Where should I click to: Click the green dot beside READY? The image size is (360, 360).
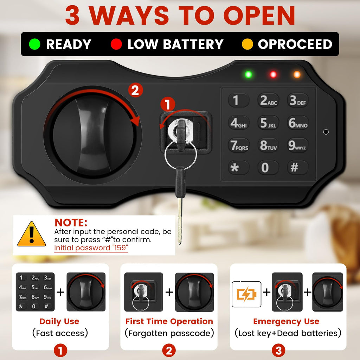(x=35, y=44)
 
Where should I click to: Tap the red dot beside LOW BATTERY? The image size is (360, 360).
(x=116, y=44)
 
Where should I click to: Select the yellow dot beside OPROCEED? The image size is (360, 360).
(x=247, y=44)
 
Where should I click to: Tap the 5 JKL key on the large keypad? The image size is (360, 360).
(x=268, y=123)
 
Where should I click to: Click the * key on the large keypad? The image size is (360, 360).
(x=239, y=168)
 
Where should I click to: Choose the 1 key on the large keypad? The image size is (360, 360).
(x=239, y=100)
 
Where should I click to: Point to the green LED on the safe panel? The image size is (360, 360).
(x=249, y=75)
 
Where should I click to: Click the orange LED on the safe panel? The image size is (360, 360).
(x=297, y=75)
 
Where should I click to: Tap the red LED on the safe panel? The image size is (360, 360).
(x=273, y=75)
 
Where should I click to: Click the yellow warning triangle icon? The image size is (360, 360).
(x=32, y=234)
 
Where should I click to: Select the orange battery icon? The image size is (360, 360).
(x=246, y=294)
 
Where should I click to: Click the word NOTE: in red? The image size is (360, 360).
(x=71, y=223)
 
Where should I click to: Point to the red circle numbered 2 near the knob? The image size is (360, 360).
(x=135, y=90)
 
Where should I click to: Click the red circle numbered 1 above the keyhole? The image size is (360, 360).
(x=168, y=104)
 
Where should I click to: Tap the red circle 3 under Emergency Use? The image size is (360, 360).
(x=278, y=351)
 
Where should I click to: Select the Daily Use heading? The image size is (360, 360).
(x=59, y=321)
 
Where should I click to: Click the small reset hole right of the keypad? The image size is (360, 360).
(x=326, y=132)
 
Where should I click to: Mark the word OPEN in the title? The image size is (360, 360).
(x=259, y=15)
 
